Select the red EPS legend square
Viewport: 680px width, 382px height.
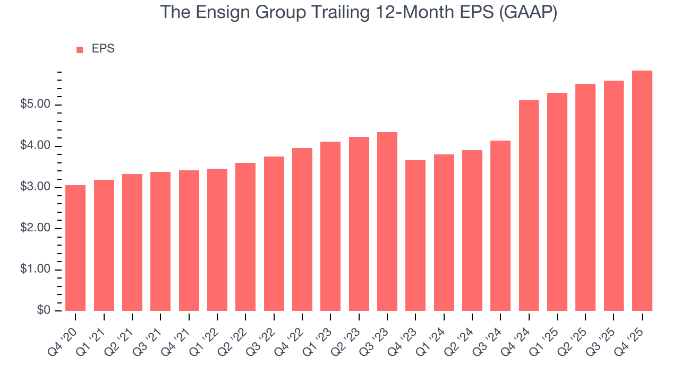pyautogui.click(x=80, y=49)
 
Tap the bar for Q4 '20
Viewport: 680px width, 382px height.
pyautogui.click(x=75, y=248)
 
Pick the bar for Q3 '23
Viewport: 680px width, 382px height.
pyautogui.click(x=387, y=221)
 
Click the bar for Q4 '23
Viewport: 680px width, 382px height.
pyautogui.click(x=415, y=236)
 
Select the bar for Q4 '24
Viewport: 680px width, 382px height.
pyautogui.click(x=529, y=205)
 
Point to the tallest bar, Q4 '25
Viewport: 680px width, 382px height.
pyautogui.click(x=642, y=190)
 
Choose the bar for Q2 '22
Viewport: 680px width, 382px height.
pyautogui.click(x=245, y=237)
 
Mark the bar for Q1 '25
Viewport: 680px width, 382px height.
pyautogui.click(x=557, y=202)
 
